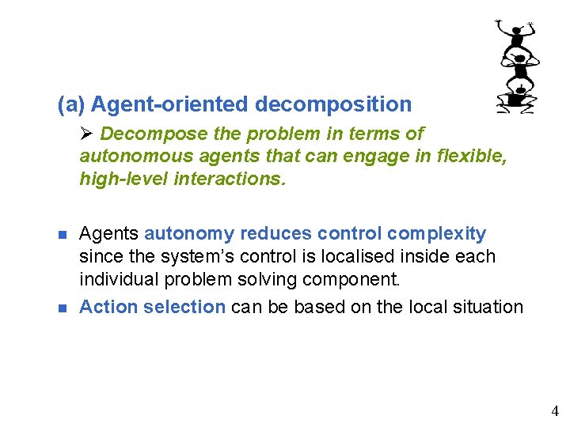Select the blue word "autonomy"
(x=189, y=234)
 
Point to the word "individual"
(x=119, y=280)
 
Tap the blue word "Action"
(x=109, y=307)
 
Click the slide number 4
(x=555, y=411)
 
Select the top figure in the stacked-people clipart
(x=518, y=36)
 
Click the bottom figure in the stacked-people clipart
(x=517, y=99)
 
